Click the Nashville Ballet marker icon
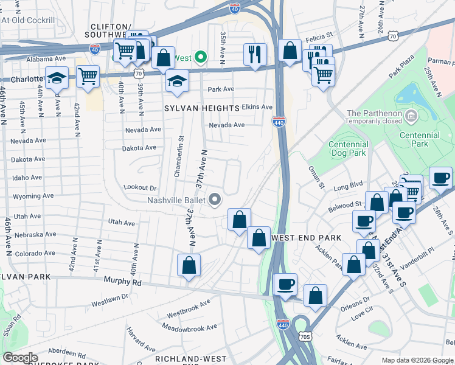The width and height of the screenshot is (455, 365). point(214,200)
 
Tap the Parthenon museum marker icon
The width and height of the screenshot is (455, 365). point(411,114)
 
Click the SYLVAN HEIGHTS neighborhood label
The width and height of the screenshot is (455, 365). point(201,108)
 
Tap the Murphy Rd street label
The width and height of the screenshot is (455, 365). point(122,282)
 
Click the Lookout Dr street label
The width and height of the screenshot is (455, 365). point(140,188)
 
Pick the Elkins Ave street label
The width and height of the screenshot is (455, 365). point(257,106)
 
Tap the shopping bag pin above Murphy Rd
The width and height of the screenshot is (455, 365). point(189,265)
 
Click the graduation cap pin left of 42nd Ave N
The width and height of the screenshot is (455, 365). point(57,78)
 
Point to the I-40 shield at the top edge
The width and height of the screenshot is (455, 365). point(235,8)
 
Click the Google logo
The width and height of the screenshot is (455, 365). point(21,358)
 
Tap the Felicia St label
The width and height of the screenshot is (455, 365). point(320,36)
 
